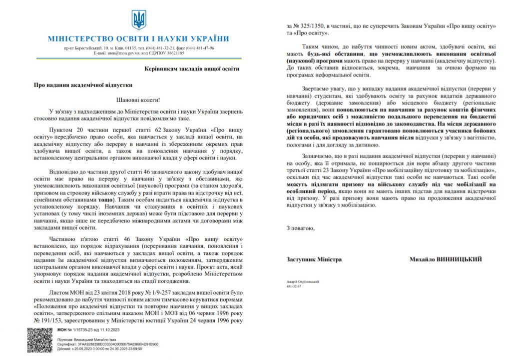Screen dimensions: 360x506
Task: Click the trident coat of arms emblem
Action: tap(139, 20)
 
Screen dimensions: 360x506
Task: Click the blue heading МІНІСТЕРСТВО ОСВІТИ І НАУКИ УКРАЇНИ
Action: tap(138, 39)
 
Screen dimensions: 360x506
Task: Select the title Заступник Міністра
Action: tap(314, 259)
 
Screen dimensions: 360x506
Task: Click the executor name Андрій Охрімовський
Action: tap(303, 282)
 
